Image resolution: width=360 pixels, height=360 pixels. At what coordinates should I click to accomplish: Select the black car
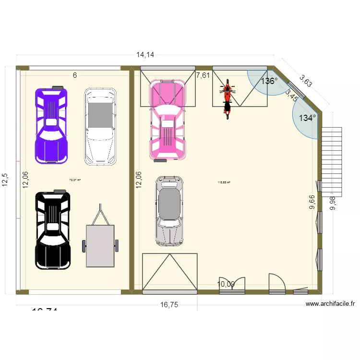click(x=53, y=229)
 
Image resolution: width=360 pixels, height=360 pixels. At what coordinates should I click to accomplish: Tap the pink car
click(x=167, y=120)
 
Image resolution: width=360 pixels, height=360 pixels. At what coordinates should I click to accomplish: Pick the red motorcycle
click(x=228, y=98)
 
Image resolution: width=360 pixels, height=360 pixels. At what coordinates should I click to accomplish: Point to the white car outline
click(x=100, y=127)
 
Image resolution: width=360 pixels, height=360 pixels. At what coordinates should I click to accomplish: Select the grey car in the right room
click(x=169, y=210)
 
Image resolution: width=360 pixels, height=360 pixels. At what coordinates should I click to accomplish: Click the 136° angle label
click(x=269, y=81)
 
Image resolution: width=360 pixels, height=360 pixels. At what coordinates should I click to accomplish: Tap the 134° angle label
click(x=308, y=118)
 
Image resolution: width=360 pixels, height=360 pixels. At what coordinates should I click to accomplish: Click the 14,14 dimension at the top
click(x=145, y=55)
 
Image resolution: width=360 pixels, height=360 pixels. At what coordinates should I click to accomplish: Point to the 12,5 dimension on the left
click(x=5, y=181)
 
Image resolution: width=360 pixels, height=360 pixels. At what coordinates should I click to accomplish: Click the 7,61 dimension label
click(x=203, y=75)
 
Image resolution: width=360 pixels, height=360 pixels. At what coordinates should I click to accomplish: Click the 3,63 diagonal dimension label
click(x=306, y=80)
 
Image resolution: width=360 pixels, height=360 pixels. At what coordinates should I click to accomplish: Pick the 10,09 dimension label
click(x=226, y=284)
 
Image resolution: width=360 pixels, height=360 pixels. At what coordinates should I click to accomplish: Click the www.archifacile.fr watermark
click(x=330, y=303)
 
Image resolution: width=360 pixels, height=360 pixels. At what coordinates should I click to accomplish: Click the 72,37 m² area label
click(x=75, y=180)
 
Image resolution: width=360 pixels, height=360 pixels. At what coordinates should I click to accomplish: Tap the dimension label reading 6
click(x=75, y=75)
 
